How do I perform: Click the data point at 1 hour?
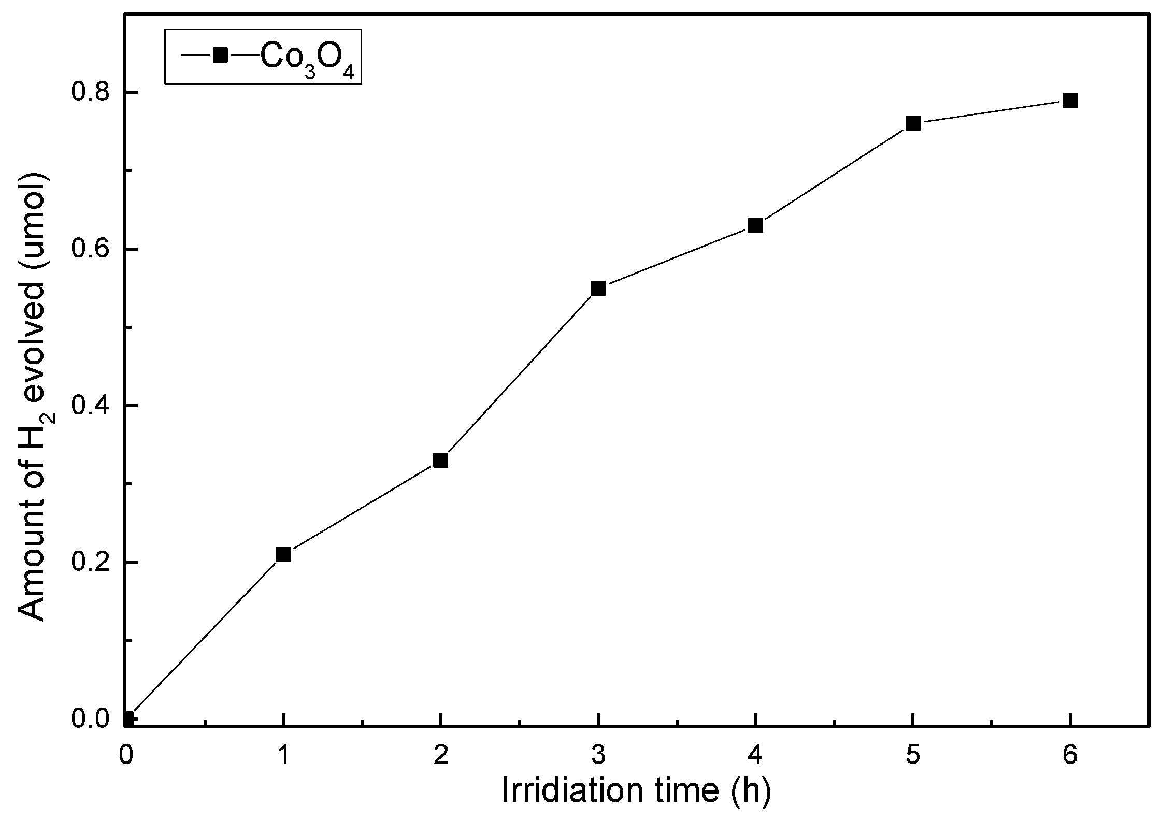(283, 555)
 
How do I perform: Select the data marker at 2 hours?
(440, 460)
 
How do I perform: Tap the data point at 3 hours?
(598, 289)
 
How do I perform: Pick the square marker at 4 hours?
(755, 225)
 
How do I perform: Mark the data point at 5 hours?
(913, 124)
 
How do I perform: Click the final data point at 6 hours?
(1070, 100)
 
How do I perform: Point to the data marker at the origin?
(127, 719)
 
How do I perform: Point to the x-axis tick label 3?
(598, 755)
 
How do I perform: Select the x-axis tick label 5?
(913, 755)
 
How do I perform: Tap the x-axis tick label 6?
(1070, 755)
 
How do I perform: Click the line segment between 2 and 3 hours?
(519, 374)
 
